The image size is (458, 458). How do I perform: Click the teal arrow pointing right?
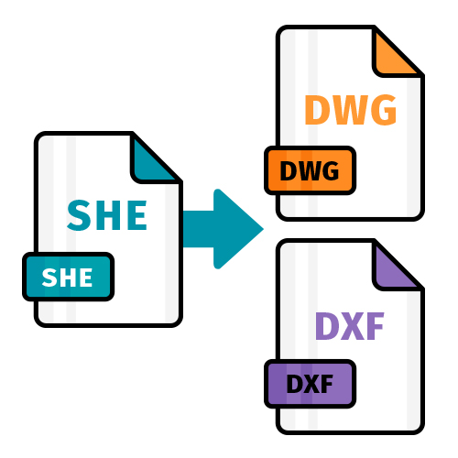(x=224, y=229)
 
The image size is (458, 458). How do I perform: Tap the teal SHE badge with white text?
(x=69, y=277)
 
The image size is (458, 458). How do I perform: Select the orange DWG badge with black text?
(x=310, y=170)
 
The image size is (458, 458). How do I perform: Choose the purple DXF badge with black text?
(x=310, y=384)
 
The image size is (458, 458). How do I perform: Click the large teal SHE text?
(x=107, y=215)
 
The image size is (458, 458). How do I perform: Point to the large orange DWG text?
(x=351, y=110)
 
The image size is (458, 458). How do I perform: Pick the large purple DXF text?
(x=350, y=326)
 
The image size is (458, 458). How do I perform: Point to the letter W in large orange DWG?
(x=351, y=110)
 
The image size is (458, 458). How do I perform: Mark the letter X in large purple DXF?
(x=351, y=326)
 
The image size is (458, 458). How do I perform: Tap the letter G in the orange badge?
(x=329, y=170)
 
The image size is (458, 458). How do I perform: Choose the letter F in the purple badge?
(x=326, y=384)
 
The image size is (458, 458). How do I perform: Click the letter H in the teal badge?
(x=69, y=278)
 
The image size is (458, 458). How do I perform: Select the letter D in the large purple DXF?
(x=327, y=326)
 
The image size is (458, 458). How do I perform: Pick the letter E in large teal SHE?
(x=138, y=215)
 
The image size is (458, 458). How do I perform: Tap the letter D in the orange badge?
(x=288, y=170)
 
